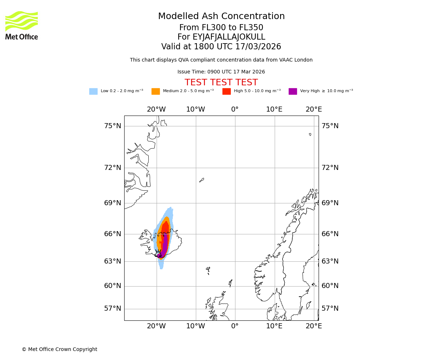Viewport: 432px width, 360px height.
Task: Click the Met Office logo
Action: [x=22, y=25]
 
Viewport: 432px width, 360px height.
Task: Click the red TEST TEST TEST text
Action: [x=221, y=83]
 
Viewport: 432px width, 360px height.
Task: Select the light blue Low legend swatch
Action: [x=93, y=91]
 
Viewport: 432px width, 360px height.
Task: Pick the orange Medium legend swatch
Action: [x=156, y=91]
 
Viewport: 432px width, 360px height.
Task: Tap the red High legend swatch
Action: [x=226, y=91]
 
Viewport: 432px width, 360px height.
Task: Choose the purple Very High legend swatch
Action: [x=293, y=91]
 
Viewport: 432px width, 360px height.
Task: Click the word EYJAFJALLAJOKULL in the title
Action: [x=229, y=37]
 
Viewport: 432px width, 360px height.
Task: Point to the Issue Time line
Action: [x=221, y=72]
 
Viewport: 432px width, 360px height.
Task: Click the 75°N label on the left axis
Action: [x=113, y=126]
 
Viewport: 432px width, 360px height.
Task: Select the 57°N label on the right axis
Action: [x=330, y=309]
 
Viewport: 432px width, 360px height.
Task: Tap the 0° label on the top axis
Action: [x=235, y=109]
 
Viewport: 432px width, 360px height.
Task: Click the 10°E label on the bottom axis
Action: [x=274, y=326]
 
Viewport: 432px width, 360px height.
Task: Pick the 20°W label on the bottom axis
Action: [x=156, y=326]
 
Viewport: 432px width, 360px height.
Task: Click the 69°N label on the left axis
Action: [x=113, y=203]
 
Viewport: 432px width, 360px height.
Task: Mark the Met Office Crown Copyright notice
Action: [x=59, y=350]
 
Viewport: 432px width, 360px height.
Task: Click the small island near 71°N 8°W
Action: [x=202, y=180]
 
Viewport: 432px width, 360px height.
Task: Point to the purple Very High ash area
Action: [x=165, y=245]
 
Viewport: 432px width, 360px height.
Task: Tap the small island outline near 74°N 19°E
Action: [x=310, y=134]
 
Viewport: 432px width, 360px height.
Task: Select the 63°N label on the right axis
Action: [x=330, y=261]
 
